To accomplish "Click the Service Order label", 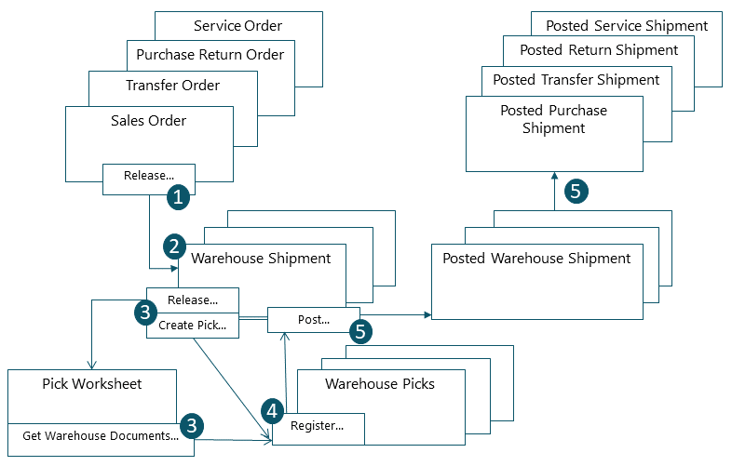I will click(x=237, y=26).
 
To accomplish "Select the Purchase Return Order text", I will click(x=210, y=55).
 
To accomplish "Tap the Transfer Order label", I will click(x=172, y=86).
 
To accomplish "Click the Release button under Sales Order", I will click(x=149, y=174).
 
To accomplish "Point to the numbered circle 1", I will click(x=178, y=195).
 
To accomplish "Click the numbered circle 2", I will click(x=174, y=246).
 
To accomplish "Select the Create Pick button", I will click(x=192, y=326).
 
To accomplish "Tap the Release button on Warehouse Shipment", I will click(x=192, y=300).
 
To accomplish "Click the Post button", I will click(x=313, y=319).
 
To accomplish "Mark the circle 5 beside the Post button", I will click(x=360, y=331).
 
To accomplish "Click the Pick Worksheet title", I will click(x=92, y=383).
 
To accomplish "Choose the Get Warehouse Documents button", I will click(x=101, y=435).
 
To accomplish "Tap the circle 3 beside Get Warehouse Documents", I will click(x=192, y=425).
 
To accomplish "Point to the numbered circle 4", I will click(x=271, y=409).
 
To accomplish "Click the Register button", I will click(x=318, y=426).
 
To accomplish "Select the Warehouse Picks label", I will click(x=379, y=383).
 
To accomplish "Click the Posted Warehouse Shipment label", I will click(x=536, y=259).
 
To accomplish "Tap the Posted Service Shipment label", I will click(x=627, y=26).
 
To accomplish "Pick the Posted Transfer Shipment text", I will click(x=576, y=80).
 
